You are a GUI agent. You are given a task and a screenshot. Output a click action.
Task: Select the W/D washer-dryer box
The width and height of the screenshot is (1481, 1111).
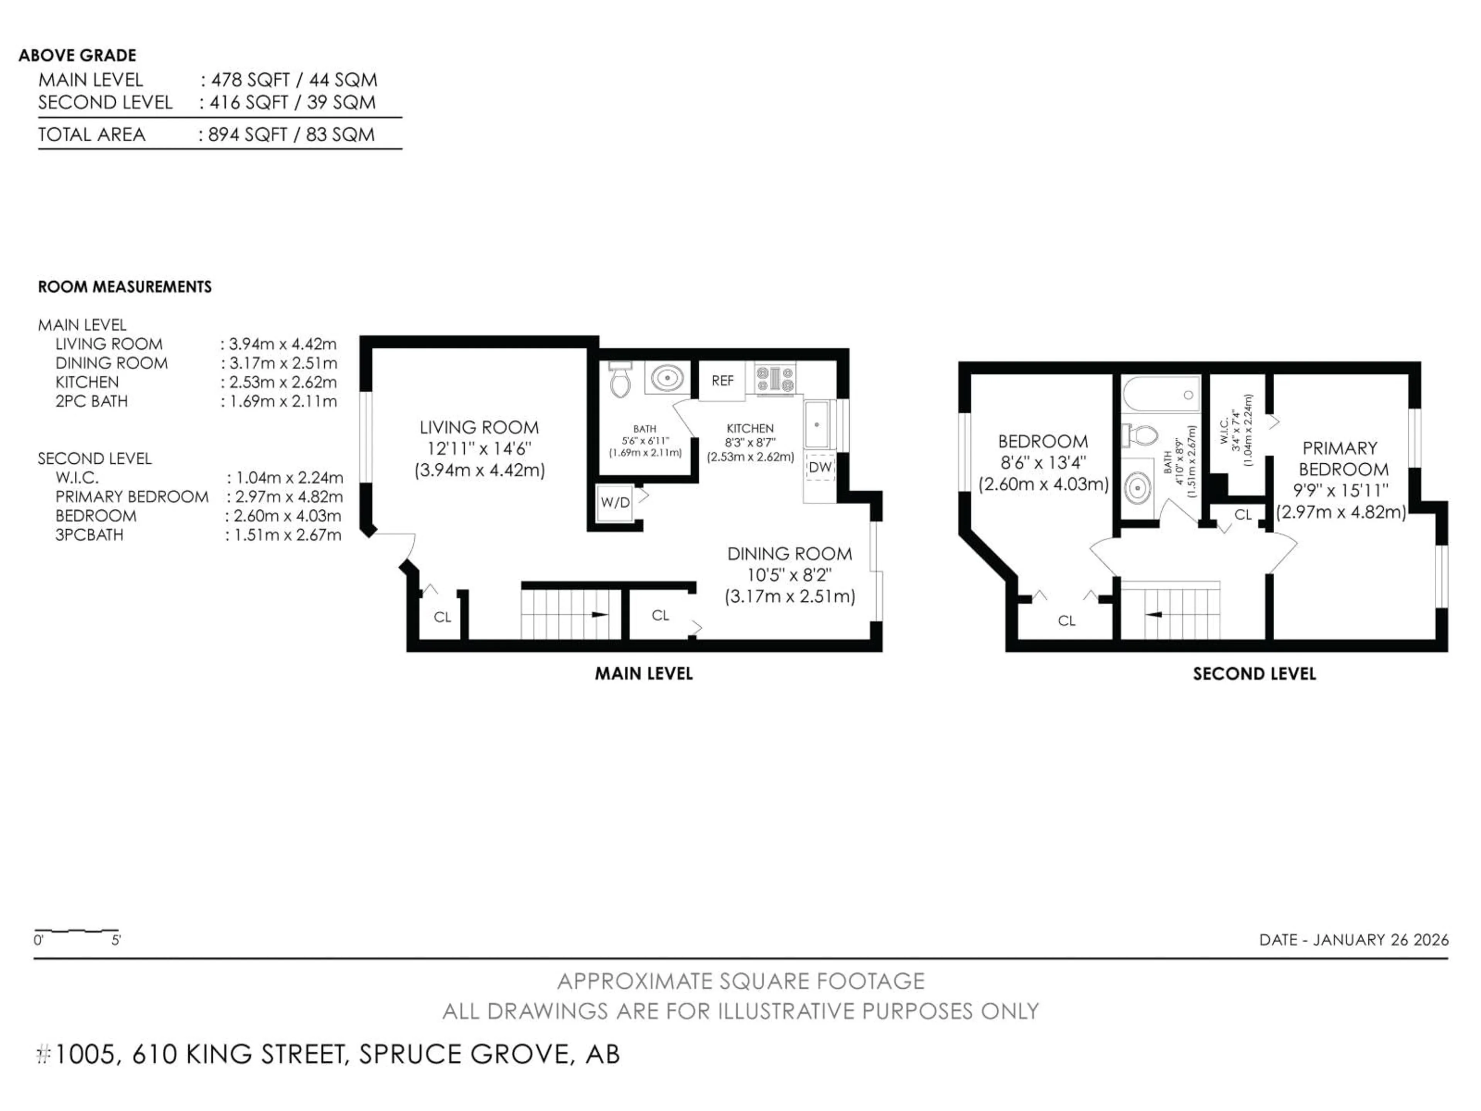615,502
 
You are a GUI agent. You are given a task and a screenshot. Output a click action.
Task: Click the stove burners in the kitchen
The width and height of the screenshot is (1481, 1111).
775,378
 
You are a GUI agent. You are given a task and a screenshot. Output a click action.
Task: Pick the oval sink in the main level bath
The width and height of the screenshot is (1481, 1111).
666,378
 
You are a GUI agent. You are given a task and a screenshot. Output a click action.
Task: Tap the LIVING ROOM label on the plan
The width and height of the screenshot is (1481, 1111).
479,427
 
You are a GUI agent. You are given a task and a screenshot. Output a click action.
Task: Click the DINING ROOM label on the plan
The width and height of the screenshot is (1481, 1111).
789,554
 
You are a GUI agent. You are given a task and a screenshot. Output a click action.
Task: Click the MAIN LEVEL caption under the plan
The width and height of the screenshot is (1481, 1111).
643,674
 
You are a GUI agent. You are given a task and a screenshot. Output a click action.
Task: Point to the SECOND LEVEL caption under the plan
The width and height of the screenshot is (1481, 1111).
1254,674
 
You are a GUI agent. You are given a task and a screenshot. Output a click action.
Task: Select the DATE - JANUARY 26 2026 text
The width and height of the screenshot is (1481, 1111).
1353,940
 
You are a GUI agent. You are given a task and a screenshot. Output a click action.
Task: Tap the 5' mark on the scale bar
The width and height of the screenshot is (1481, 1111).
116,940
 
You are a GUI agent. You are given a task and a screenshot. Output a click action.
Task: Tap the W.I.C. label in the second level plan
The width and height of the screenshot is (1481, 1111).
1223,431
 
